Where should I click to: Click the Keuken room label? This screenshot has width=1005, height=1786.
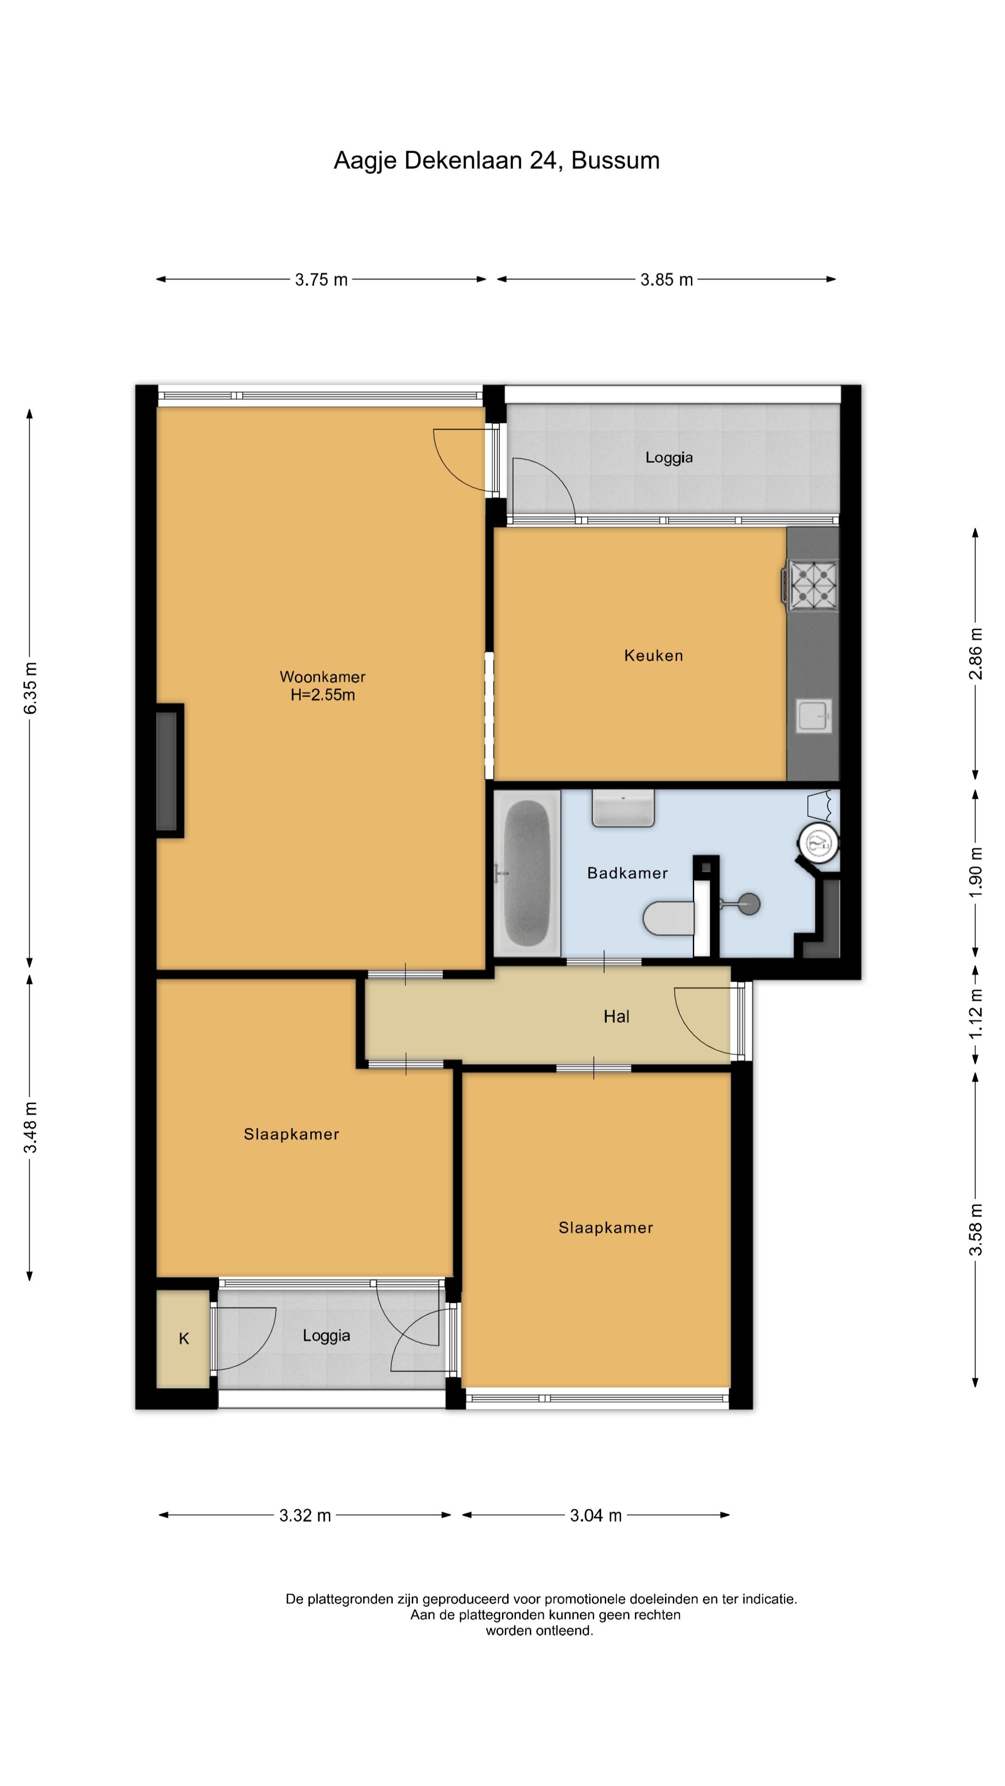pyautogui.click(x=653, y=655)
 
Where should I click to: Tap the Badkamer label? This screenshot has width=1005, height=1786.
pyautogui.click(x=627, y=873)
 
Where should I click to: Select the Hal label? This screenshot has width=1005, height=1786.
pyautogui.click(x=616, y=1016)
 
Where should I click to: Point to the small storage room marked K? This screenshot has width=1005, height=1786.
pyautogui.click(x=183, y=1338)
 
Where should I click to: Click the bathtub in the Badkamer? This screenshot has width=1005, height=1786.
pyautogui.click(x=527, y=873)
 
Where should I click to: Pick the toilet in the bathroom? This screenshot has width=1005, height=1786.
pyautogui.click(x=669, y=918)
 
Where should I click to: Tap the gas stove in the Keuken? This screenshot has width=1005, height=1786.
pyautogui.click(x=811, y=585)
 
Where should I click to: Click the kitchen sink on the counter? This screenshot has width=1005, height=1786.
pyautogui.click(x=814, y=715)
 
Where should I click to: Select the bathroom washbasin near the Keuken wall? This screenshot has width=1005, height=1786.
pyautogui.click(x=623, y=808)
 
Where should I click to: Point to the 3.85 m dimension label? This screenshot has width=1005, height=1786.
pyautogui.click(x=667, y=280)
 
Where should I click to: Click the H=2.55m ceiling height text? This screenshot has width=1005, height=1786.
pyautogui.click(x=322, y=695)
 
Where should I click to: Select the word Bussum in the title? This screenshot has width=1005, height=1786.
pyautogui.click(x=615, y=160)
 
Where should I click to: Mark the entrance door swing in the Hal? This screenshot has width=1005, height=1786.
pyautogui.click(x=702, y=1023)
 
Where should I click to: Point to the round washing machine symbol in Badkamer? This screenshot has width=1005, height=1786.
pyautogui.click(x=818, y=843)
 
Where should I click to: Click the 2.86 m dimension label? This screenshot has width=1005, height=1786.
pyautogui.click(x=976, y=654)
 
